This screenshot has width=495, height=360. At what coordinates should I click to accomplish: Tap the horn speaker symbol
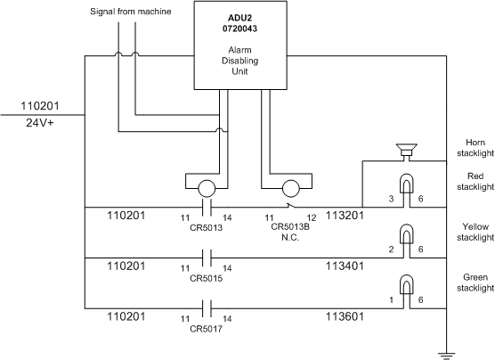407,150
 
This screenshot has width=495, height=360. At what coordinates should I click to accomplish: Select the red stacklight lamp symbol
407,183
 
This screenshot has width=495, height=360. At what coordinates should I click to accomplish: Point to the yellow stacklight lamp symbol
407,233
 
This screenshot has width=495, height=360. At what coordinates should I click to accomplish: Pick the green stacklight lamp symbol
407,284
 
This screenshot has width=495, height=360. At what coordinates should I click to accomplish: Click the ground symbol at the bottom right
446,356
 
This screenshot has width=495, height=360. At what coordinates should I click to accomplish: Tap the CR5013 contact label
207,227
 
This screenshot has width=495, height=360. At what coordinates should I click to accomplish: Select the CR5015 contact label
207,278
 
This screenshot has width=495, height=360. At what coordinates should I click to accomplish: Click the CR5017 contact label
207,329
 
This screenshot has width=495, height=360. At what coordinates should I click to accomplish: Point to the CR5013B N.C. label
290,232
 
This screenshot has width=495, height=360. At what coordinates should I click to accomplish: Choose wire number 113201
345,216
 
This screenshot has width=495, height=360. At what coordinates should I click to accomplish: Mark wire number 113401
345,266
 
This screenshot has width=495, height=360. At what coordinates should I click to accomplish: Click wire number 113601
345,316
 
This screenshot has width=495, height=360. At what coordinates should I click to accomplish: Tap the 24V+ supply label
40,123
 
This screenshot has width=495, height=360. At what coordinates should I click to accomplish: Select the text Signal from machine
131,12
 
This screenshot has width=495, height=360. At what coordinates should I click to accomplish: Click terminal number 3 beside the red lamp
391,199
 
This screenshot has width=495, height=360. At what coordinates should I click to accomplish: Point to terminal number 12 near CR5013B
312,217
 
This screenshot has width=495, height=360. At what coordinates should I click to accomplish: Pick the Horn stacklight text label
475,148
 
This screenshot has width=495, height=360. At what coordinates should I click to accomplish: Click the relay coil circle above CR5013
207,189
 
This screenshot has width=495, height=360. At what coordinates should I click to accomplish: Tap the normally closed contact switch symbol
291,206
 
